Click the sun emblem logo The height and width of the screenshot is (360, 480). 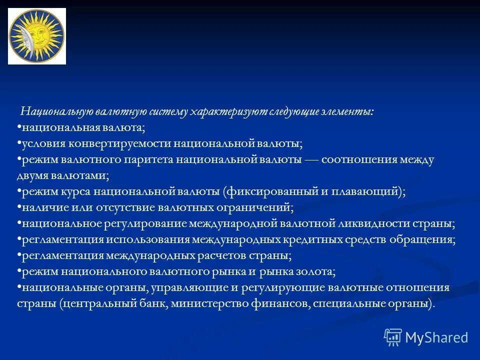[37, 36]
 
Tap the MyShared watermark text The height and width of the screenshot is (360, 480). [436, 337]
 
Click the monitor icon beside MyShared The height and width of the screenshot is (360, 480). [393, 337]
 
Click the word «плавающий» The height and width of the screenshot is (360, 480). [363, 191]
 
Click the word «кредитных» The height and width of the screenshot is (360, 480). [314, 239]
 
